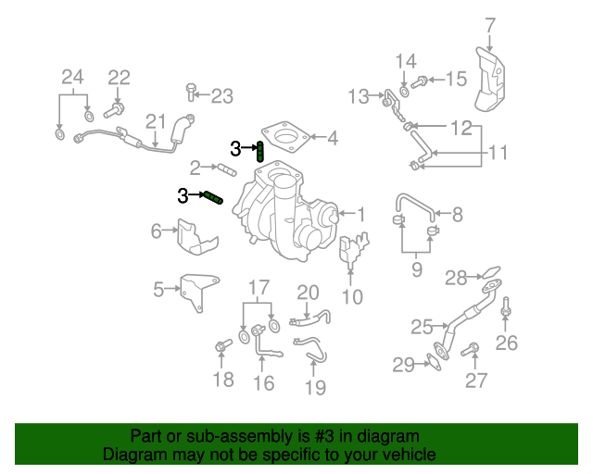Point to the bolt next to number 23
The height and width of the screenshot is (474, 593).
pos(190,93)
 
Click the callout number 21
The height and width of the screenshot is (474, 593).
pos(155,121)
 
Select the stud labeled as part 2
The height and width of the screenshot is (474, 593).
pos(228,168)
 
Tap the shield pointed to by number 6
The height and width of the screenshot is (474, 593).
pos(196,238)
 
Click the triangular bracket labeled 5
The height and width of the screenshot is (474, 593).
pos(196,293)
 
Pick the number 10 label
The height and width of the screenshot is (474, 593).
pos(352,297)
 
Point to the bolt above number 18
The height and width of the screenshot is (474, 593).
pos(221,345)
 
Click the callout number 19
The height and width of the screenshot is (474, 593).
pos(315,387)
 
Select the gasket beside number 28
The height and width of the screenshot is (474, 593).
pos(491,273)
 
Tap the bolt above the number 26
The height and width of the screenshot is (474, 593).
pos(506,310)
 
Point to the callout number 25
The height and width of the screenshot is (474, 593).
pos(422,326)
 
